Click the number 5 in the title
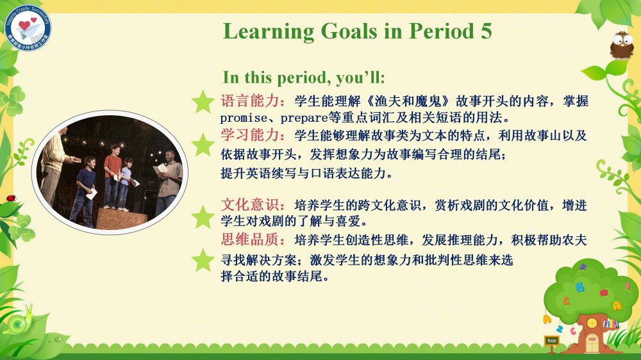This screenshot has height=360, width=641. (486, 31)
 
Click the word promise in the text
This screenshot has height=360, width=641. (244, 118)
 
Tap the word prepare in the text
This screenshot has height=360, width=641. (304, 118)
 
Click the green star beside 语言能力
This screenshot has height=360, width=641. (203, 102)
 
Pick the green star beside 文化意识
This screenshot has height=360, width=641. (203, 217)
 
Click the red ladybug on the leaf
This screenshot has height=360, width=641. (11, 199)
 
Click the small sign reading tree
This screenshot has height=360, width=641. (552, 340)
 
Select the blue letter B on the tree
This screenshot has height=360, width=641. (579, 287)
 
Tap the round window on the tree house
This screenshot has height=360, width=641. (592, 323)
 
